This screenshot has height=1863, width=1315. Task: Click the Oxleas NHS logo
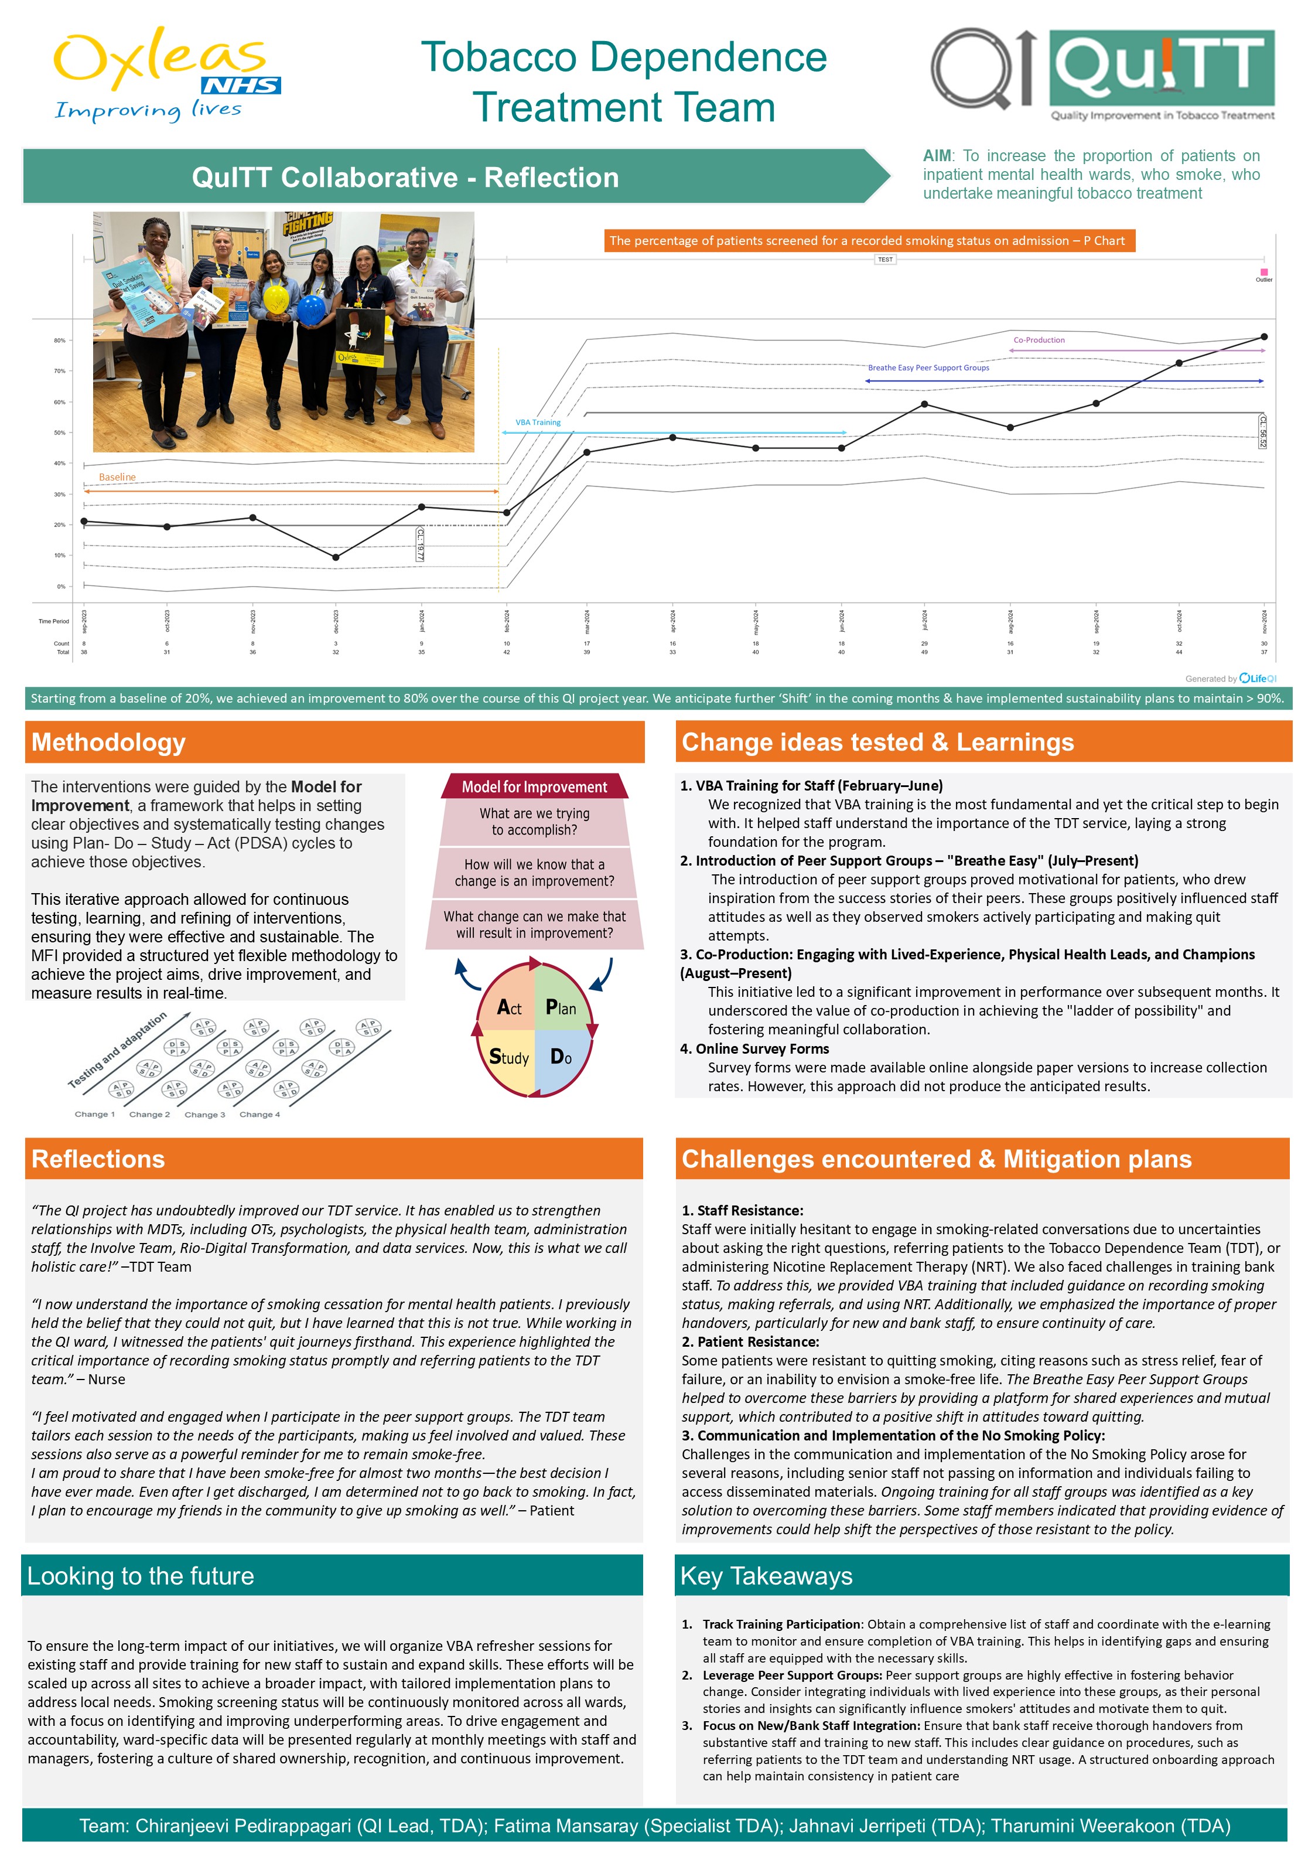(166, 74)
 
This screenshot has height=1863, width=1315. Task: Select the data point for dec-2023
(336, 557)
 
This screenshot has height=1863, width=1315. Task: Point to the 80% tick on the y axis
(60, 341)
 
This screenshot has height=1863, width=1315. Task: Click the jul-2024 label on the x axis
(924, 621)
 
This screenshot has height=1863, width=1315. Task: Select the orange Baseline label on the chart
(118, 477)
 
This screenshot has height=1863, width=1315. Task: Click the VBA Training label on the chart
(538, 423)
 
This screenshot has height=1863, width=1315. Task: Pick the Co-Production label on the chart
(1039, 340)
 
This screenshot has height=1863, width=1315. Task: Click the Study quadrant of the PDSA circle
(508, 1057)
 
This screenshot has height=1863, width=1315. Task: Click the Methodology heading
(109, 742)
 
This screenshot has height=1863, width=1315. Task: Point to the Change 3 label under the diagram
(204, 1115)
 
